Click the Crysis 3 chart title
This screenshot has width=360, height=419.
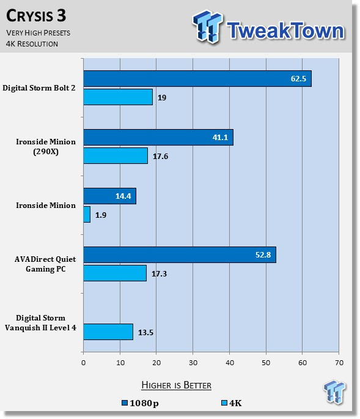pyautogui.click(x=36, y=16)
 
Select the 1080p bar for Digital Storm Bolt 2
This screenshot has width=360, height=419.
pyautogui.click(x=197, y=78)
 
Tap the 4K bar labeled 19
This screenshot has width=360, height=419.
pyautogui.click(x=118, y=97)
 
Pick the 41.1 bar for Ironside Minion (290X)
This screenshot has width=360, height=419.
pyautogui.click(x=158, y=138)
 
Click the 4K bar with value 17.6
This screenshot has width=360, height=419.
pyautogui.click(x=116, y=156)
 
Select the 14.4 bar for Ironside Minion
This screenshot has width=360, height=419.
pyautogui.click(x=110, y=196)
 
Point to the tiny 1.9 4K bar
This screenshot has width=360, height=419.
pyautogui.click(x=87, y=214)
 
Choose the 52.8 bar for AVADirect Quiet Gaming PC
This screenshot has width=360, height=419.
pyautogui.click(x=180, y=254)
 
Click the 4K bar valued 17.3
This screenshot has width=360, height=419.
pyautogui.click(x=115, y=273)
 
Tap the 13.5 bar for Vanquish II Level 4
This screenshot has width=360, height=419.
pyautogui.click(x=108, y=332)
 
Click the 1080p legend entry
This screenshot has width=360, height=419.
pyautogui.click(x=140, y=403)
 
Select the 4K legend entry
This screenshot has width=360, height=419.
pyautogui.click(x=232, y=403)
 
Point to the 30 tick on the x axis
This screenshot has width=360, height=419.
pyautogui.click(x=193, y=363)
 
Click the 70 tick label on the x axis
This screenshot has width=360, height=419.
pyautogui.click(x=339, y=363)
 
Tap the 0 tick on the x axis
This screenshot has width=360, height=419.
pyautogui.click(x=84, y=363)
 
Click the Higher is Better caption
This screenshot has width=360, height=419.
pyautogui.click(x=176, y=385)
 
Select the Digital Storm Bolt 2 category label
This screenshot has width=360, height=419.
pyautogui.click(x=39, y=88)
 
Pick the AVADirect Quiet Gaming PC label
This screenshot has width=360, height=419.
pyautogui.click(x=45, y=264)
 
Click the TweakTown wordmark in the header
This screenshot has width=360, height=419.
pyautogui.click(x=285, y=30)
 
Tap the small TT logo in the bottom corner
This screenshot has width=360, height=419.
pyautogui.click(x=334, y=391)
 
